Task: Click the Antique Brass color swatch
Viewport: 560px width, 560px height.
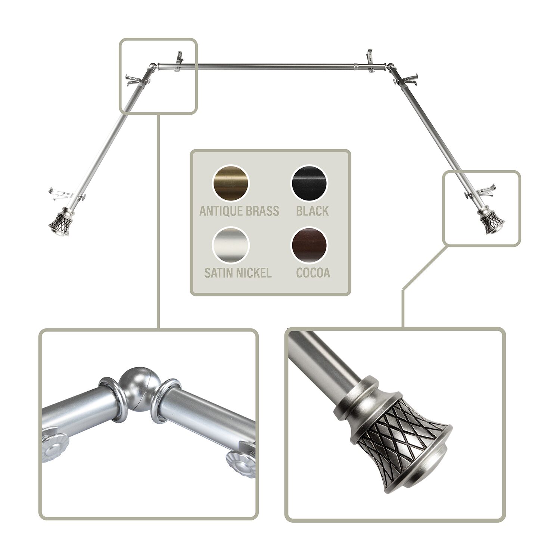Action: (x=230, y=184)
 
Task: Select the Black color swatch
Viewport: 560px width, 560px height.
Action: (x=309, y=184)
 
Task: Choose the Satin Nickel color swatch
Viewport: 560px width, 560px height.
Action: (x=230, y=245)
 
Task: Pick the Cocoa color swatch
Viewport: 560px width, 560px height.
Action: (x=309, y=245)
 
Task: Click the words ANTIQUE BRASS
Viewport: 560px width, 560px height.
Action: (x=239, y=211)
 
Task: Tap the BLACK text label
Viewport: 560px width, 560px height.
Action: (x=312, y=211)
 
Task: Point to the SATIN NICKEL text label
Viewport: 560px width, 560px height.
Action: (x=238, y=273)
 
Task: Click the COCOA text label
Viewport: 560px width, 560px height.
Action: (x=313, y=273)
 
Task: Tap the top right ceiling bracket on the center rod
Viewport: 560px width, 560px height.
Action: (x=370, y=58)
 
